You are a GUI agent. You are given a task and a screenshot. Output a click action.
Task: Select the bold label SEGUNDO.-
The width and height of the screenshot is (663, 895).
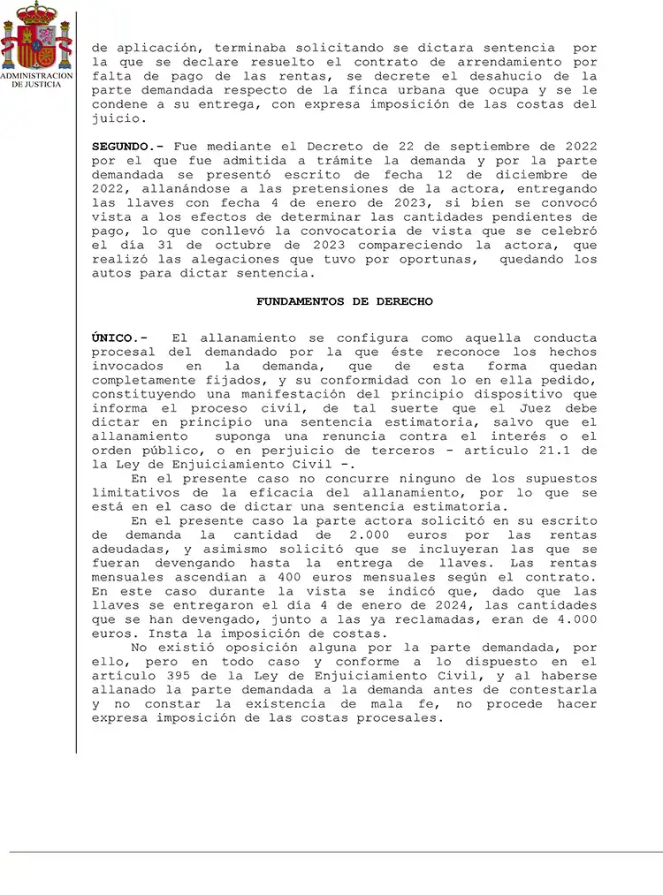coord(129,146)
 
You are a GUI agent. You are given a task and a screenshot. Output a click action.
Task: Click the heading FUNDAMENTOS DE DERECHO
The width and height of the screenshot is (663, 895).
coord(345,301)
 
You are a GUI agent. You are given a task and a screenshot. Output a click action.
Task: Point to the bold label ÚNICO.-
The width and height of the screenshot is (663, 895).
coord(120,338)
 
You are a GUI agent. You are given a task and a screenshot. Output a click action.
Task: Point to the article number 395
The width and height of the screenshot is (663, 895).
coord(180,675)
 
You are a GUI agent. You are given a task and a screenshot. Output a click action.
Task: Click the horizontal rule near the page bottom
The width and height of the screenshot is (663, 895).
coord(336,852)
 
